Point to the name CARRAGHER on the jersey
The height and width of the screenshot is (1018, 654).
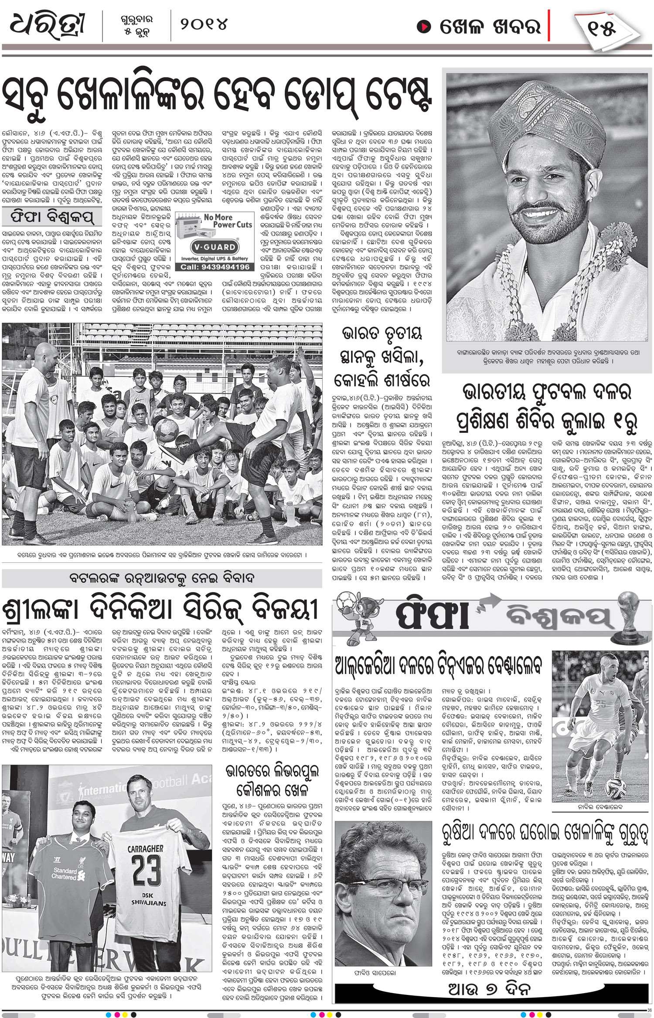pos(146,849)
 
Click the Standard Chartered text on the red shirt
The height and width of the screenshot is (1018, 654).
pos(65,873)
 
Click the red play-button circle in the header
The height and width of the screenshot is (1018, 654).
pos(422,27)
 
